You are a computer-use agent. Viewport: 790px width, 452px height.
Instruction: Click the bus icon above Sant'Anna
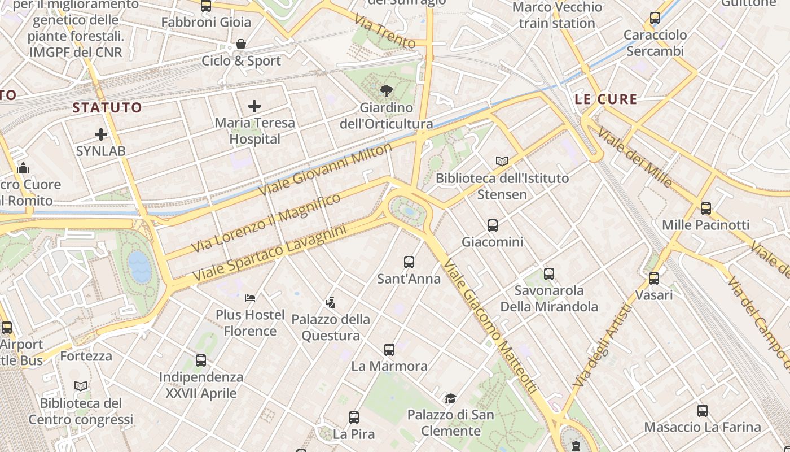click(409, 262)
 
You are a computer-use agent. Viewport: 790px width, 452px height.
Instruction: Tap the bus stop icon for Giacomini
click(493, 225)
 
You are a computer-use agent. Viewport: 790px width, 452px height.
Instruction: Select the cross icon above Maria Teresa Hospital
click(254, 106)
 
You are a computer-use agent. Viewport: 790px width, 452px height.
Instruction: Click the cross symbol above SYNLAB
click(101, 134)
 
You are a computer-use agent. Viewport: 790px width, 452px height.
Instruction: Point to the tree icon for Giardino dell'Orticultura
click(387, 90)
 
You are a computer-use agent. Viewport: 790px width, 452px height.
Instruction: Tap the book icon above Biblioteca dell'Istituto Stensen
click(502, 162)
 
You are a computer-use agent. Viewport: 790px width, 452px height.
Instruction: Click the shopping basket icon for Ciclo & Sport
click(241, 44)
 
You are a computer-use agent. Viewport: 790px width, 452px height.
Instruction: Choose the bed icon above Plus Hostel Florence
click(250, 298)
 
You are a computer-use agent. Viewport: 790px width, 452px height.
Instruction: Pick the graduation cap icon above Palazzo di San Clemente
click(450, 399)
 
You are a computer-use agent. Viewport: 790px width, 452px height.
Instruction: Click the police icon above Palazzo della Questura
click(331, 303)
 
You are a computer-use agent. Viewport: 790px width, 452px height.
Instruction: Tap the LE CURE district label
click(606, 99)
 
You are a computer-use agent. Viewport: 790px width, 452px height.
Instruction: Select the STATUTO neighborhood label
click(107, 107)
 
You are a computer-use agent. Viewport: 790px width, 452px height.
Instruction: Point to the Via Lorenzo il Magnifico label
click(266, 223)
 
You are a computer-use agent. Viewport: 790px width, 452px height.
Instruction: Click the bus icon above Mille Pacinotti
click(705, 208)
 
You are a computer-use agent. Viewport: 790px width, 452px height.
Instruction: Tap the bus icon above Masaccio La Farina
click(703, 411)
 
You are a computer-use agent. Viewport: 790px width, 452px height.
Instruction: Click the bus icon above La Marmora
click(389, 350)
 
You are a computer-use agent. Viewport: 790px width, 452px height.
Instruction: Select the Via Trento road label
click(385, 32)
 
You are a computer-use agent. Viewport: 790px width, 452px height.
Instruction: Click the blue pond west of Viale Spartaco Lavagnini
click(139, 267)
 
